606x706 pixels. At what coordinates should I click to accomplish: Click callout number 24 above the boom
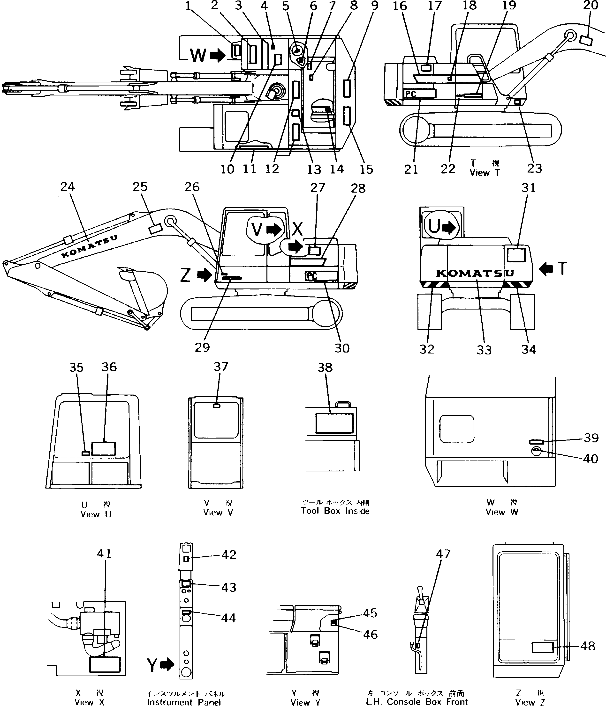pyautogui.click(x=67, y=187)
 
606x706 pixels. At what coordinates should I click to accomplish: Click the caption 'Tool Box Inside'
pyautogui.click(x=335, y=511)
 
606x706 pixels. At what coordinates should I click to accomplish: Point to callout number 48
pyautogui.click(x=588, y=646)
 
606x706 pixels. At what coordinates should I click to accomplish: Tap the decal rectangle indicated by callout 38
pyautogui.click(x=334, y=423)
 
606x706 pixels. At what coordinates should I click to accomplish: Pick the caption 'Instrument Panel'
pyautogui.click(x=184, y=702)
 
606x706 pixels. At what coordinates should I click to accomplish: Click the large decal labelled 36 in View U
pyautogui.click(x=104, y=448)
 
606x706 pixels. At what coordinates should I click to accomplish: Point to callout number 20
pyautogui.click(x=591, y=6)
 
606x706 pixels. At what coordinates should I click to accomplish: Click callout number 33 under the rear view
pyautogui.click(x=484, y=350)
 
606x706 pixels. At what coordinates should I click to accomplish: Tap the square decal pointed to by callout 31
pyautogui.click(x=516, y=255)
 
